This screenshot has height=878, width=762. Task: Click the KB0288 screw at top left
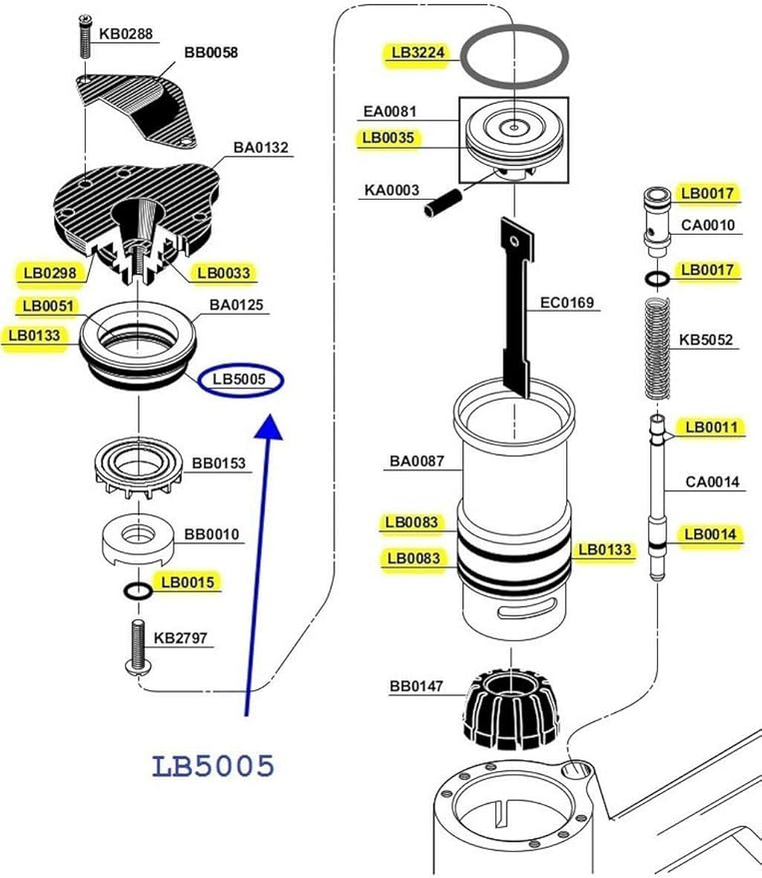tap(85, 37)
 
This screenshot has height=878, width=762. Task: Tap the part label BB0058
tap(211, 53)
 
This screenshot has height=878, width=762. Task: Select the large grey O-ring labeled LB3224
tap(514, 57)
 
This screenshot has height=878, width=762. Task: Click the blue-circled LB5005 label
tap(240, 380)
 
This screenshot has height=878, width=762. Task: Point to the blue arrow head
tap(270, 427)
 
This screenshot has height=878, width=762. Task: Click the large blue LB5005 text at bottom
tap(214, 766)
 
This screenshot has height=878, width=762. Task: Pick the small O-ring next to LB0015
tap(137, 590)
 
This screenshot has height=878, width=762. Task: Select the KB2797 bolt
tap(137, 646)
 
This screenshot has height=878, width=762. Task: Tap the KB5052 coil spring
tap(658, 349)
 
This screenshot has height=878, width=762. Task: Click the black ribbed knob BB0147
tap(511, 708)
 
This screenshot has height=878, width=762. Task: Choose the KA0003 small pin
tap(442, 203)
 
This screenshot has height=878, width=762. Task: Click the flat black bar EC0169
tap(516, 308)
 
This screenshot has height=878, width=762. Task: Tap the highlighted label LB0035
tap(388, 138)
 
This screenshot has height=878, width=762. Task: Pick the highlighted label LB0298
tap(50, 274)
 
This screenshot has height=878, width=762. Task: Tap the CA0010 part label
tap(708, 225)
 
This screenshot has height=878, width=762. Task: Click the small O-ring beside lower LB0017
tap(657, 279)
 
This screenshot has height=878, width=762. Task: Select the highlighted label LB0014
tap(710, 534)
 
